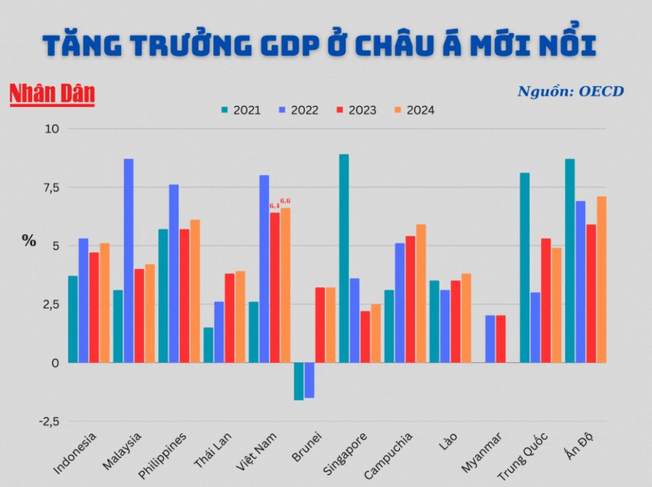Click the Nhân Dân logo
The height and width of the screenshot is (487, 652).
[52, 94]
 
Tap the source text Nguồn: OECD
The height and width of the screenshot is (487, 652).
[570, 91]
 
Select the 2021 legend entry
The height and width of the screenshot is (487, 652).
[240, 110]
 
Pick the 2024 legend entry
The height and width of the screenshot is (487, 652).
[414, 110]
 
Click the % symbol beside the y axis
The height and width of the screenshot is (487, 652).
[29, 241]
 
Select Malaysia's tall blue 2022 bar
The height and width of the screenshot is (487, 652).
[128, 261]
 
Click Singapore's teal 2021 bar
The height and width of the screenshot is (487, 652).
[344, 259]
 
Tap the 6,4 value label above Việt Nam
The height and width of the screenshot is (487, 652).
[274, 206]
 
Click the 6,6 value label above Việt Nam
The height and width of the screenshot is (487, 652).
[286, 200]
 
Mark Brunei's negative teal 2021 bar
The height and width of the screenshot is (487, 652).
[298, 381]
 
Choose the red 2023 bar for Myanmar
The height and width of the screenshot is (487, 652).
[501, 339]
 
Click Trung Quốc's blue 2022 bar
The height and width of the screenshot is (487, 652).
[535, 327]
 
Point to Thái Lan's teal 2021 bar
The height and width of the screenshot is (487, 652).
[209, 345]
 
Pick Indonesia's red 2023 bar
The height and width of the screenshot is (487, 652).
[94, 307]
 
